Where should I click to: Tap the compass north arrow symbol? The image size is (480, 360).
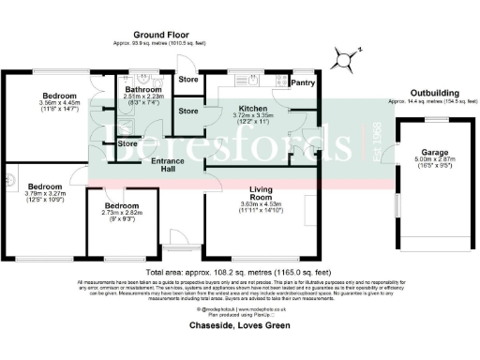point(348,60)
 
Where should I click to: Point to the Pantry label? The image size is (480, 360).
point(302,83)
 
